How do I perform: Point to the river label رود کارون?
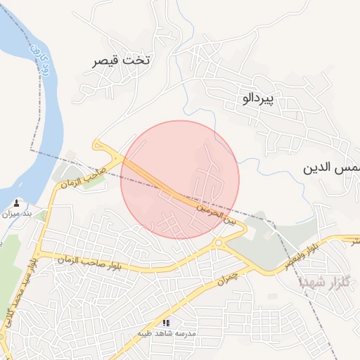pos(41,60)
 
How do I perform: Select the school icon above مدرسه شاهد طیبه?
pos(166,322)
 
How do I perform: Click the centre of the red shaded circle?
pos(180,179)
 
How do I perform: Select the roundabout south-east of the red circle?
pos(219,243)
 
